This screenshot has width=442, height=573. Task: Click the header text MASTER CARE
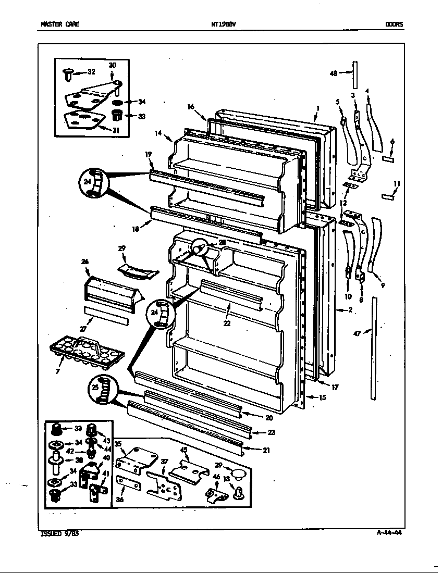point(59,24)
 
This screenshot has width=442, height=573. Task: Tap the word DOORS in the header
point(394,24)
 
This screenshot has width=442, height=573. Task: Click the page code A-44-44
point(389,532)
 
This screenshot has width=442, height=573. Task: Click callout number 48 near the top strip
point(334,73)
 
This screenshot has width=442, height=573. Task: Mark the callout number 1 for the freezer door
point(317,109)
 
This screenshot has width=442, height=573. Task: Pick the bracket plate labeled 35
point(137,458)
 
